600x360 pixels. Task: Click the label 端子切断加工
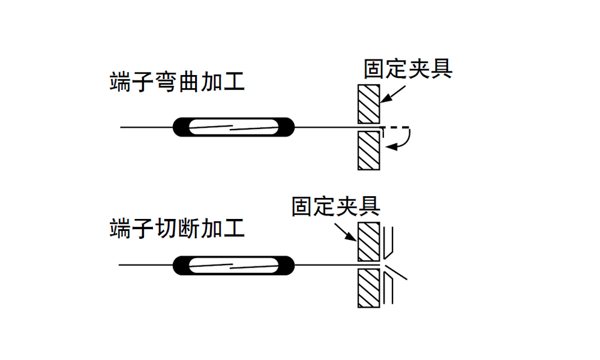[x=177, y=229]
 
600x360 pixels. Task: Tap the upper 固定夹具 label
[x=408, y=69]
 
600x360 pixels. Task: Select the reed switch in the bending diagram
[x=234, y=127]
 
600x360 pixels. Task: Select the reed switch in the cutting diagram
[x=234, y=264]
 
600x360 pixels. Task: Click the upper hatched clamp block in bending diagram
[x=368, y=104]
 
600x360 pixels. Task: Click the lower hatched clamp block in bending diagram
[x=368, y=149]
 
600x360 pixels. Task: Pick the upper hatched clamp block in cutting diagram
[x=368, y=242]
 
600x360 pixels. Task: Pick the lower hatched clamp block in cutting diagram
[x=368, y=287]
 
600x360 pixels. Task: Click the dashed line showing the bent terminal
[x=396, y=127]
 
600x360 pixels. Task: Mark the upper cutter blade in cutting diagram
[x=389, y=243]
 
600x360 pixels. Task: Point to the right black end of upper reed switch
[x=287, y=127]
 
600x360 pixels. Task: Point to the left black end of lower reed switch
[x=181, y=264]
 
